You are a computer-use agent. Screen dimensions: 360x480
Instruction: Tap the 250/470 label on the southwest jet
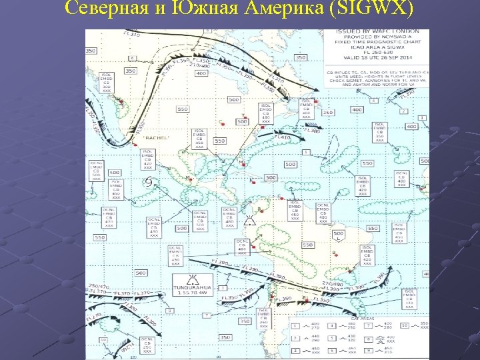(97, 285)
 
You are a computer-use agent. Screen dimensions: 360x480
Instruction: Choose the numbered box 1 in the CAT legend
(296, 326)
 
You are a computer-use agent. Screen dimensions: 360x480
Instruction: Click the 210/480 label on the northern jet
(200, 65)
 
